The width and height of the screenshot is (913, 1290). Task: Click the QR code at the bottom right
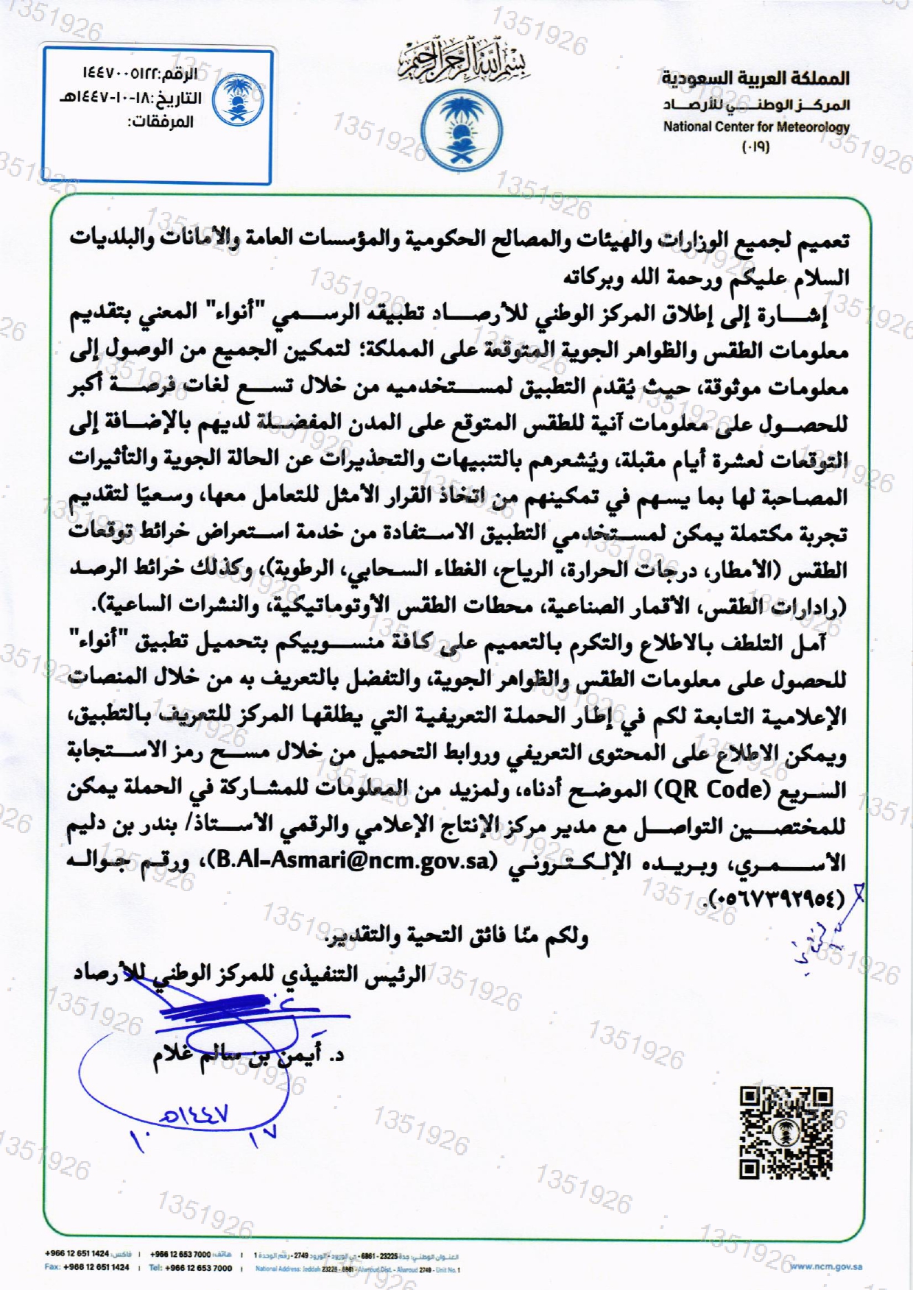786,1133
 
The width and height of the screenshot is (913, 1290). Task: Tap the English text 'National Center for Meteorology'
756,127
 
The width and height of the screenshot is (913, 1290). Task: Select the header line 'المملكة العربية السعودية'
755,77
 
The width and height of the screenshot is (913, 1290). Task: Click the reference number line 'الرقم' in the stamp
138,74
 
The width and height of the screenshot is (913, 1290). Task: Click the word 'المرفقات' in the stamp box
161,121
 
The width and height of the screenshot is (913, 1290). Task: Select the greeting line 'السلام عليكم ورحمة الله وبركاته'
706,278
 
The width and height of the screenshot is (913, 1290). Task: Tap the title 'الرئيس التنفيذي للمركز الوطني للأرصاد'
250,975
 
